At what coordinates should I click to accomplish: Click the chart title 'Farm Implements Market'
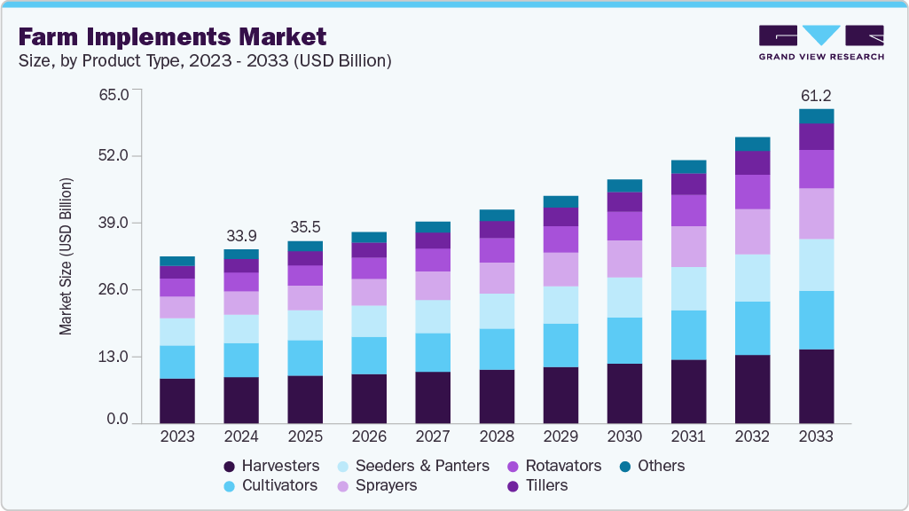(172, 36)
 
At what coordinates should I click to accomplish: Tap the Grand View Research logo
(820, 42)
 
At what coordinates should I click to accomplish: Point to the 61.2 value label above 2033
(816, 96)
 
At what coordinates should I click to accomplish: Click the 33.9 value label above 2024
(241, 235)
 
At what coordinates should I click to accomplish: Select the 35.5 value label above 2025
(305, 227)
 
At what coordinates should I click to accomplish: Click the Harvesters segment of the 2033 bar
(816, 386)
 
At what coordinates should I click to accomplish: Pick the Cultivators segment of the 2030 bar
(624, 341)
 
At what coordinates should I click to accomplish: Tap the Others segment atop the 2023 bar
(177, 261)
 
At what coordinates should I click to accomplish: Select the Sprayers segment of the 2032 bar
(752, 232)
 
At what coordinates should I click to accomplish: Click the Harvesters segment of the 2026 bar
(369, 398)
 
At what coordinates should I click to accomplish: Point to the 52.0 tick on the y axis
(114, 156)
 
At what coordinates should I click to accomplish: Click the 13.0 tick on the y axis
(114, 357)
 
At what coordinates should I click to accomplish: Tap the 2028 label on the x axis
(497, 437)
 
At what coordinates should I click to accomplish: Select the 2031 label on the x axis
(688, 437)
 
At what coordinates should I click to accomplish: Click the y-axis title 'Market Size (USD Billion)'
(66, 256)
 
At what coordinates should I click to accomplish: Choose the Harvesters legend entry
(270, 466)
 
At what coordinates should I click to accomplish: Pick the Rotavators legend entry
(552, 466)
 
